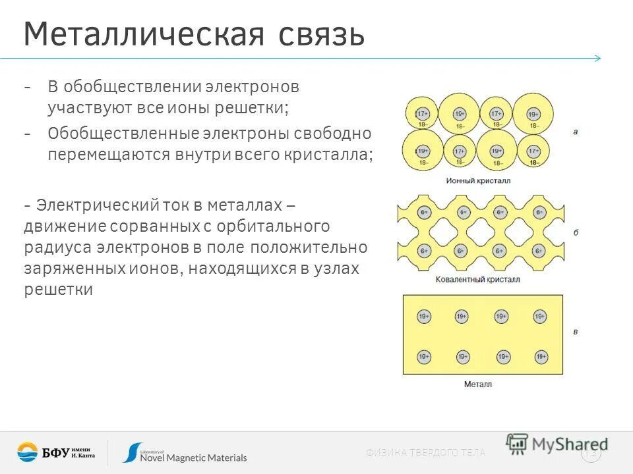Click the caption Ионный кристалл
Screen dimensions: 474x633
tap(478, 180)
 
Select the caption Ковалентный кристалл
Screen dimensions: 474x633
tap(478, 280)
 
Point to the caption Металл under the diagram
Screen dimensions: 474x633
tap(478, 384)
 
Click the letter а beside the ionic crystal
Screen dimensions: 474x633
tap(576, 132)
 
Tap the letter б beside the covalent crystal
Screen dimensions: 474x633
tap(576, 233)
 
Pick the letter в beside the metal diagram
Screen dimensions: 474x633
tap(576, 332)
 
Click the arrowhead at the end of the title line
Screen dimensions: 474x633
tap(597, 58)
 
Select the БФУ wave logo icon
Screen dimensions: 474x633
tap(28, 452)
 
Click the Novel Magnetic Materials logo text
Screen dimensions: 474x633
tap(194, 457)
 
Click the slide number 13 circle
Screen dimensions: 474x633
tap(591, 453)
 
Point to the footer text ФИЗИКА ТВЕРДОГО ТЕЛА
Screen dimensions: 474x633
tap(425, 452)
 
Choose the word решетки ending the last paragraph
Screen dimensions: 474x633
tap(59, 290)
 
